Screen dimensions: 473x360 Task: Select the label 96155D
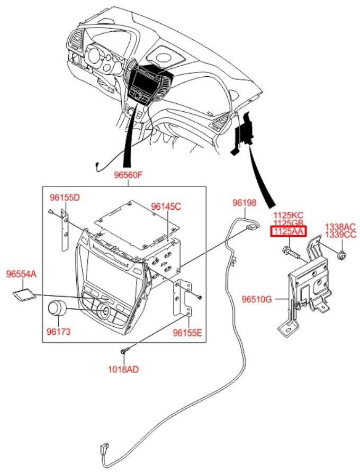pyautogui.click(x=65, y=198)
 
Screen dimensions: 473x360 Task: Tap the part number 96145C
pyautogui.click(x=166, y=206)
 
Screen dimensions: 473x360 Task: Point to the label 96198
pyautogui.click(x=245, y=202)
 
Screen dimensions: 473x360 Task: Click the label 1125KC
pyautogui.click(x=289, y=216)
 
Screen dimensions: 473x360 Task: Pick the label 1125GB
pyautogui.click(x=289, y=224)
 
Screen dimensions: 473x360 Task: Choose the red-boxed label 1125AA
pyautogui.click(x=289, y=231)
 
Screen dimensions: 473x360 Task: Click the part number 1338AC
pyautogui.click(x=340, y=226)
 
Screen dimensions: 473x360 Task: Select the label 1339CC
pyautogui.click(x=340, y=234)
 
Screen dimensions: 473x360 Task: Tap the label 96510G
pyautogui.click(x=257, y=299)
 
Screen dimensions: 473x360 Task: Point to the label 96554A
pyautogui.click(x=21, y=274)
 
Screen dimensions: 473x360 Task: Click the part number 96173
pyautogui.click(x=58, y=332)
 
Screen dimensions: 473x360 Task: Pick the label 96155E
pyautogui.click(x=187, y=332)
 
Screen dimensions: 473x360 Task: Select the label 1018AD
pyautogui.click(x=124, y=370)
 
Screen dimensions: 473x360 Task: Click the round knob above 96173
pyautogui.click(x=57, y=309)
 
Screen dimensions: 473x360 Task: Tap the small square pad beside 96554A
pyautogui.click(x=24, y=293)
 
